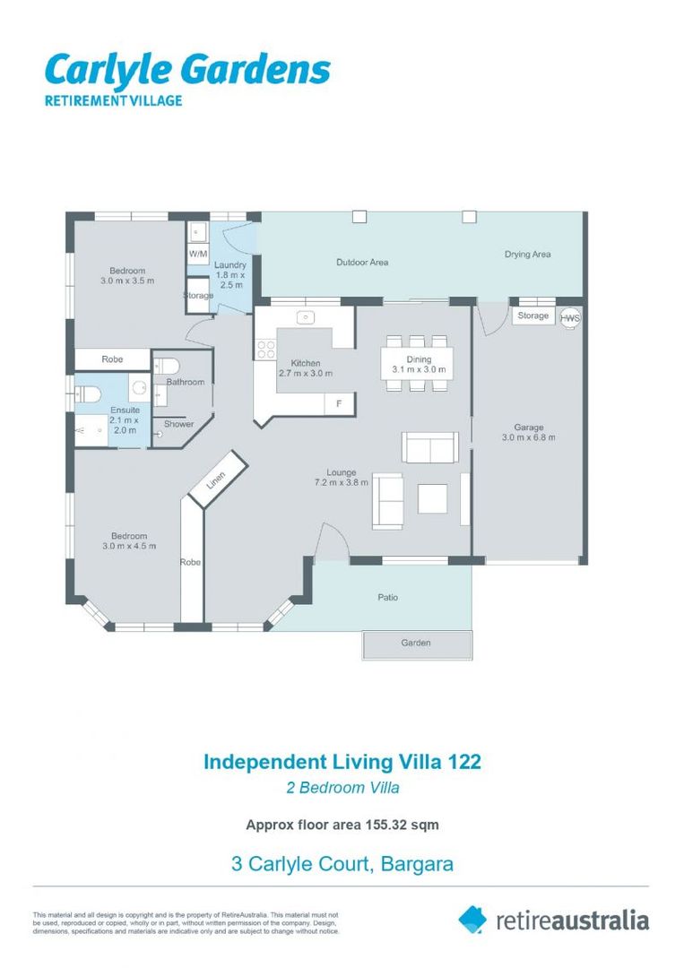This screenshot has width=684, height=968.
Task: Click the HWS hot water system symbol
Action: tap(570, 318)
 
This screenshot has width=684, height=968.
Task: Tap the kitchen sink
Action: tap(306, 318)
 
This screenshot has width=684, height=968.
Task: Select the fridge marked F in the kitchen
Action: tap(340, 403)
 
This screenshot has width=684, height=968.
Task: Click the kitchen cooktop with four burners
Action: tap(266, 350)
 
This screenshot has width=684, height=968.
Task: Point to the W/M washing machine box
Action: tap(198, 254)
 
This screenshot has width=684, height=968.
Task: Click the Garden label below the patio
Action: tap(416, 643)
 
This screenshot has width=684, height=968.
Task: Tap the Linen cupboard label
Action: tap(216, 480)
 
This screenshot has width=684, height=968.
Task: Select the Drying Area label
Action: tap(527, 255)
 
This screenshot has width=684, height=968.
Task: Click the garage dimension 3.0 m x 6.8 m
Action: tap(528, 437)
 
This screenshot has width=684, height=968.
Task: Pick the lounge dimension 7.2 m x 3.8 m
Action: tap(342, 483)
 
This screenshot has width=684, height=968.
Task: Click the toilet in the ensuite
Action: tap(88, 394)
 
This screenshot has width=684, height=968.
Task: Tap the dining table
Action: tap(418, 364)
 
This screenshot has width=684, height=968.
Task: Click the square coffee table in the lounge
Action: tap(433, 499)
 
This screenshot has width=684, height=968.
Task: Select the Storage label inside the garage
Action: tap(532, 315)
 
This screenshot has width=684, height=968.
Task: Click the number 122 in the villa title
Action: tap(465, 761)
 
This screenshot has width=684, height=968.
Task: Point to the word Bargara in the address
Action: tap(418, 864)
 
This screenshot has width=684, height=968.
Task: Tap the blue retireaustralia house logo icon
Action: tap(472, 920)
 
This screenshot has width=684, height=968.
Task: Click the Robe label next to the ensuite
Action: tap(112, 359)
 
